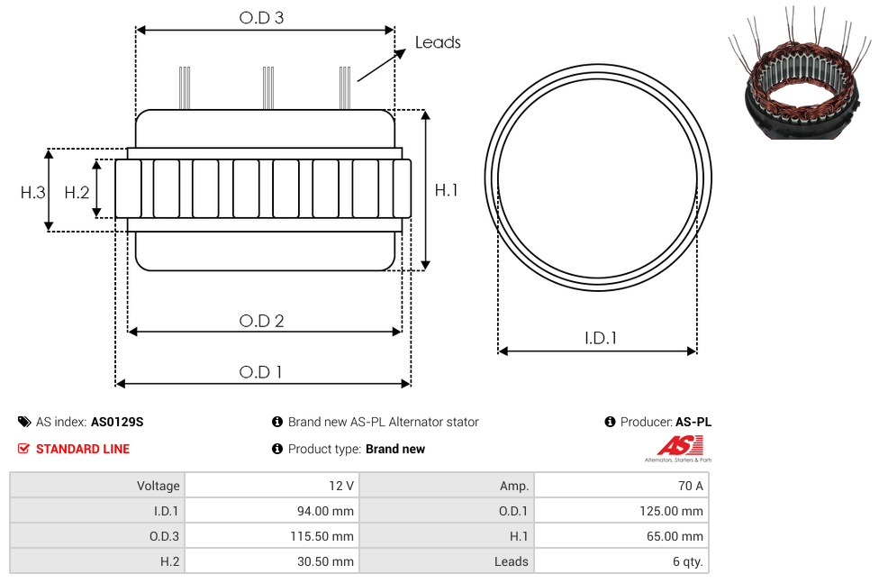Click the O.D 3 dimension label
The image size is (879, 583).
click(x=261, y=17)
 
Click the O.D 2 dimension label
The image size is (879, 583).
click(x=261, y=321)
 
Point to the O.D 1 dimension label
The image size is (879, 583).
click(x=260, y=372)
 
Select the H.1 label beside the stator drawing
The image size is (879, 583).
click(x=446, y=190)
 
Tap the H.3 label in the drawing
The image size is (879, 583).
click(x=33, y=193)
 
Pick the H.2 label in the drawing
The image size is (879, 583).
click(x=77, y=193)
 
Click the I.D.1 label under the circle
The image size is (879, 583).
click(x=601, y=338)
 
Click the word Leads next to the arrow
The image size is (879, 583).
click(x=438, y=42)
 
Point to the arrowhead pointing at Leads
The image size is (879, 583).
click(x=400, y=53)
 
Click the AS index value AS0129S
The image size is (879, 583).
click(x=117, y=422)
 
